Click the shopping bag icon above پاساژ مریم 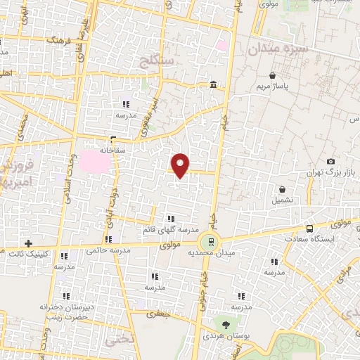coord(272,76)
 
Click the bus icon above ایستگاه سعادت coord(310,229)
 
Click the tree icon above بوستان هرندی coord(226,325)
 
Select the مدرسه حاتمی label coord(103,250)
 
